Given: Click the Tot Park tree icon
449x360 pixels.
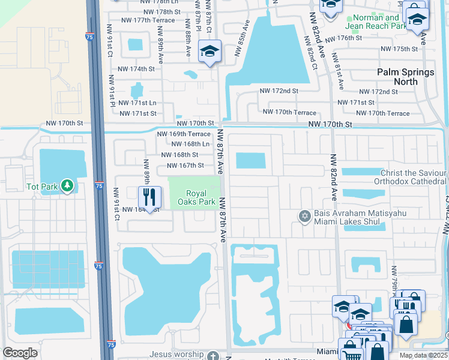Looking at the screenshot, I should click(67, 186).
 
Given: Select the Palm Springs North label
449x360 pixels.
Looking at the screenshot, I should click(405, 76).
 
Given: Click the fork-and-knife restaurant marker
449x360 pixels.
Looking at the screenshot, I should click(149, 196).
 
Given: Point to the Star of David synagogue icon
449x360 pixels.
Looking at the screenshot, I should click(304, 215).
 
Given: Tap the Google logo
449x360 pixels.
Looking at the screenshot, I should click(20, 353).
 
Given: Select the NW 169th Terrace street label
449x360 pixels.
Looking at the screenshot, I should click(184, 134).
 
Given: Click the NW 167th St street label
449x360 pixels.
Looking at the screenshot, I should click(185, 166).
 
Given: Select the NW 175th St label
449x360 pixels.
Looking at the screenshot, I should click(399, 49).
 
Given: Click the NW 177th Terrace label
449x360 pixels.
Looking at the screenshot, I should click(148, 20).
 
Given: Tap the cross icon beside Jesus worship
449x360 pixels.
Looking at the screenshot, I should click(213, 356).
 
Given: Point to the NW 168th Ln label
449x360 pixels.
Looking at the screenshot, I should click(190, 144).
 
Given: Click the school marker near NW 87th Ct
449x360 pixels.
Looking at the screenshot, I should click(209, 52).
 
